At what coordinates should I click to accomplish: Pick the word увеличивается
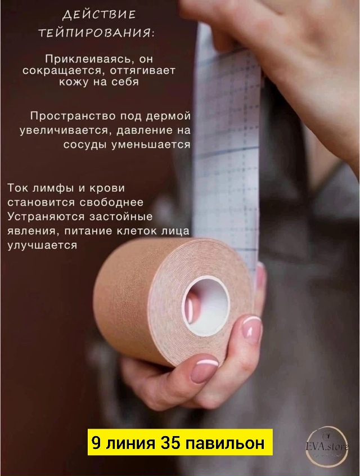(x=67, y=131)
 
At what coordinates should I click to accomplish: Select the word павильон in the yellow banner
(x=230, y=443)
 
